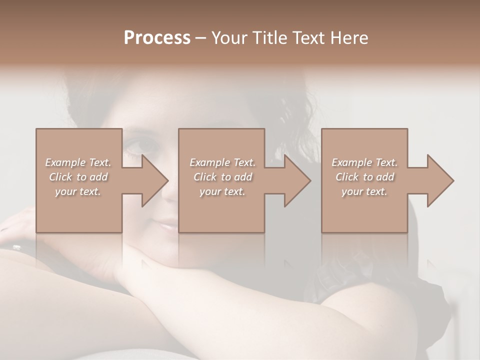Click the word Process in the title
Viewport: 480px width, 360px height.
(157, 38)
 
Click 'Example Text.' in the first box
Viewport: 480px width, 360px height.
(78, 162)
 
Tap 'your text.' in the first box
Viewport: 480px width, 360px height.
(78, 191)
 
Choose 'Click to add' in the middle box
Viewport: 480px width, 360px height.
(222, 177)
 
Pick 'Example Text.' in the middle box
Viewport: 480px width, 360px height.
(222, 162)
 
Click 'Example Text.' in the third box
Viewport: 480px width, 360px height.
(364, 162)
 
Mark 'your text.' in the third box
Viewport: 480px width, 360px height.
(364, 191)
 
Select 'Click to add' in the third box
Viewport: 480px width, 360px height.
(364, 177)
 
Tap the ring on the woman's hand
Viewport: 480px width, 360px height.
(16, 246)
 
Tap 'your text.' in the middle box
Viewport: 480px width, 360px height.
(222, 191)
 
